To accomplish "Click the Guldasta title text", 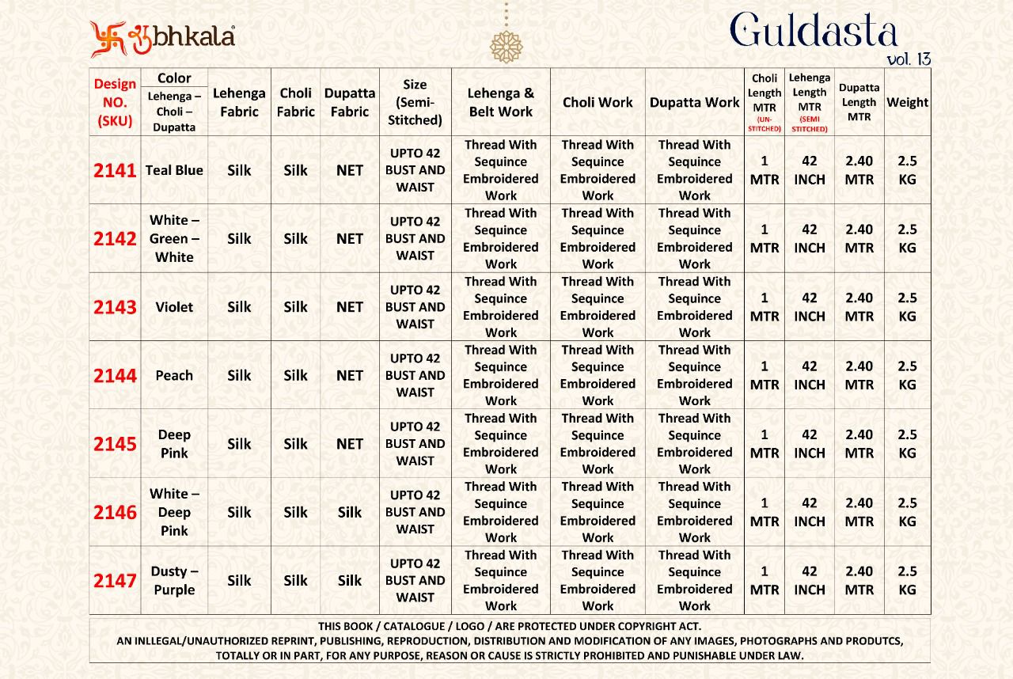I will tap(814, 32).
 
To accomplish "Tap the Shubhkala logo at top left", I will tap(162, 38).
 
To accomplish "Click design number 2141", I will tap(116, 170).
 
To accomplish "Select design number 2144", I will tap(116, 376).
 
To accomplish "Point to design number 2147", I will tap(116, 581).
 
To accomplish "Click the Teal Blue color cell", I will tap(174, 170).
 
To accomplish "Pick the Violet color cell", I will tap(174, 307).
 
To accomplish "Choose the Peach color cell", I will tap(174, 376).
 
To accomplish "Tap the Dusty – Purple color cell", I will tap(174, 581).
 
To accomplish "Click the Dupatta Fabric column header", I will tap(350, 102).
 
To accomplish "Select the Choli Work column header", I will tap(598, 102).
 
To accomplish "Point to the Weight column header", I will tap(907, 102).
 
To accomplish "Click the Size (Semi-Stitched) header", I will tap(415, 102).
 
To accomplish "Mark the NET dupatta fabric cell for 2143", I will tap(350, 307).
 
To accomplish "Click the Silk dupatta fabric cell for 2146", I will tap(350, 513).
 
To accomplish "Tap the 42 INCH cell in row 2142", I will tap(810, 238).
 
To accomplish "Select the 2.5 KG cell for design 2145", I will tap(907, 444).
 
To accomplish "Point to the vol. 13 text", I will tap(909, 59).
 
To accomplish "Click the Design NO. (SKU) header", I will tap(116, 102).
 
